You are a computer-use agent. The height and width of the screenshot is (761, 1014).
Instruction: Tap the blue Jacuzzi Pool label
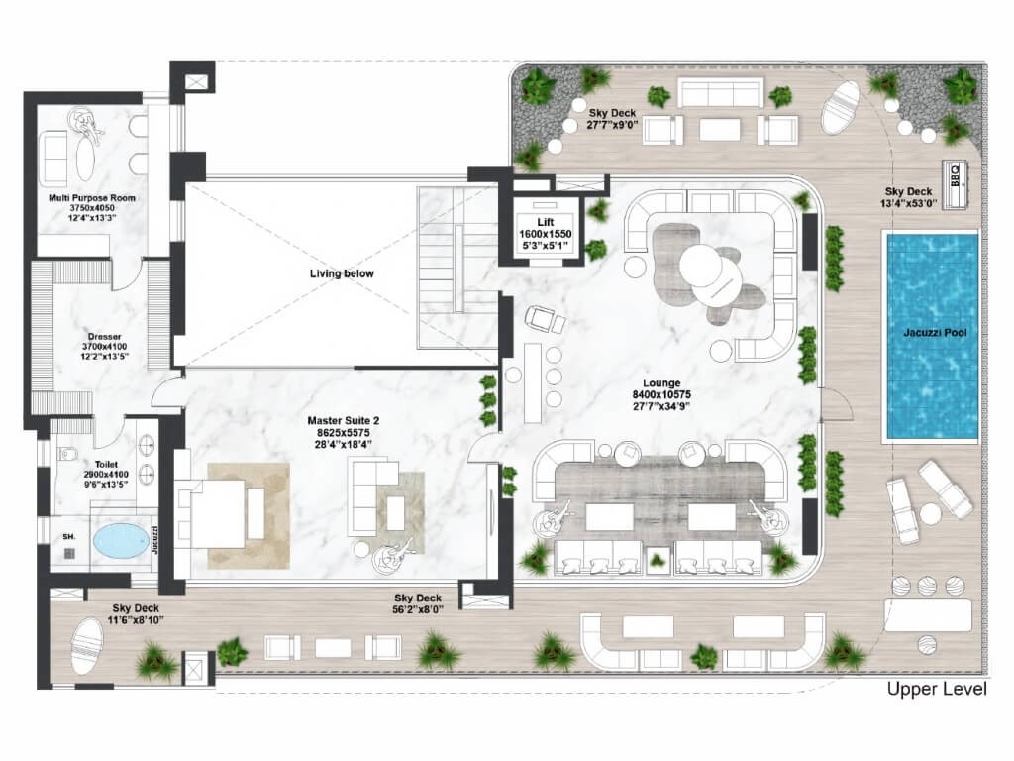click(935, 333)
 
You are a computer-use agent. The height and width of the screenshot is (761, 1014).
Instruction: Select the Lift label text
click(546, 223)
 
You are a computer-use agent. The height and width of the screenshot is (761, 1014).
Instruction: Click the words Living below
click(342, 273)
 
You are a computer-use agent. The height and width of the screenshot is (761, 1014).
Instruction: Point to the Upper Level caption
click(937, 689)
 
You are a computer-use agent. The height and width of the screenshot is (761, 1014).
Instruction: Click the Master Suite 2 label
click(344, 421)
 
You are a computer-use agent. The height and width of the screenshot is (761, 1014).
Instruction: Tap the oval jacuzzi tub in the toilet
click(122, 541)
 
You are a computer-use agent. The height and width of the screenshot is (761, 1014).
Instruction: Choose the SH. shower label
click(68, 536)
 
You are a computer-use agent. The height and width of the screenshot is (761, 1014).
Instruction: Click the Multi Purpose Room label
click(92, 198)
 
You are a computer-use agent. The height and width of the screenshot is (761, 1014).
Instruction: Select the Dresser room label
click(105, 337)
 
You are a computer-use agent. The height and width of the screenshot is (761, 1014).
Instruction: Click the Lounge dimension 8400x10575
click(661, 394)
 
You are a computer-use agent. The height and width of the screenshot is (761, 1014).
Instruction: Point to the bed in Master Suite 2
click(221, 513)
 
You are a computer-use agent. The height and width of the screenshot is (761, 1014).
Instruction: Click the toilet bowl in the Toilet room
click(67, 453)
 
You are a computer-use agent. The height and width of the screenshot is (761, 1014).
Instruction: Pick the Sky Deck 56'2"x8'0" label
click(418, 603)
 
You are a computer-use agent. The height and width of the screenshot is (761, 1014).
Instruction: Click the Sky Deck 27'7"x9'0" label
click(612, 119)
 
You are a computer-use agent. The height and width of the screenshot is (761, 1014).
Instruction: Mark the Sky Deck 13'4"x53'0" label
click(909, 197)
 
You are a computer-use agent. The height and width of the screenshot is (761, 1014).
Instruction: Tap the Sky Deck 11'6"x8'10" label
click(136, 614)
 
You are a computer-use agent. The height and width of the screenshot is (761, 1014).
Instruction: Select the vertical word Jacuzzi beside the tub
click(155, 540)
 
